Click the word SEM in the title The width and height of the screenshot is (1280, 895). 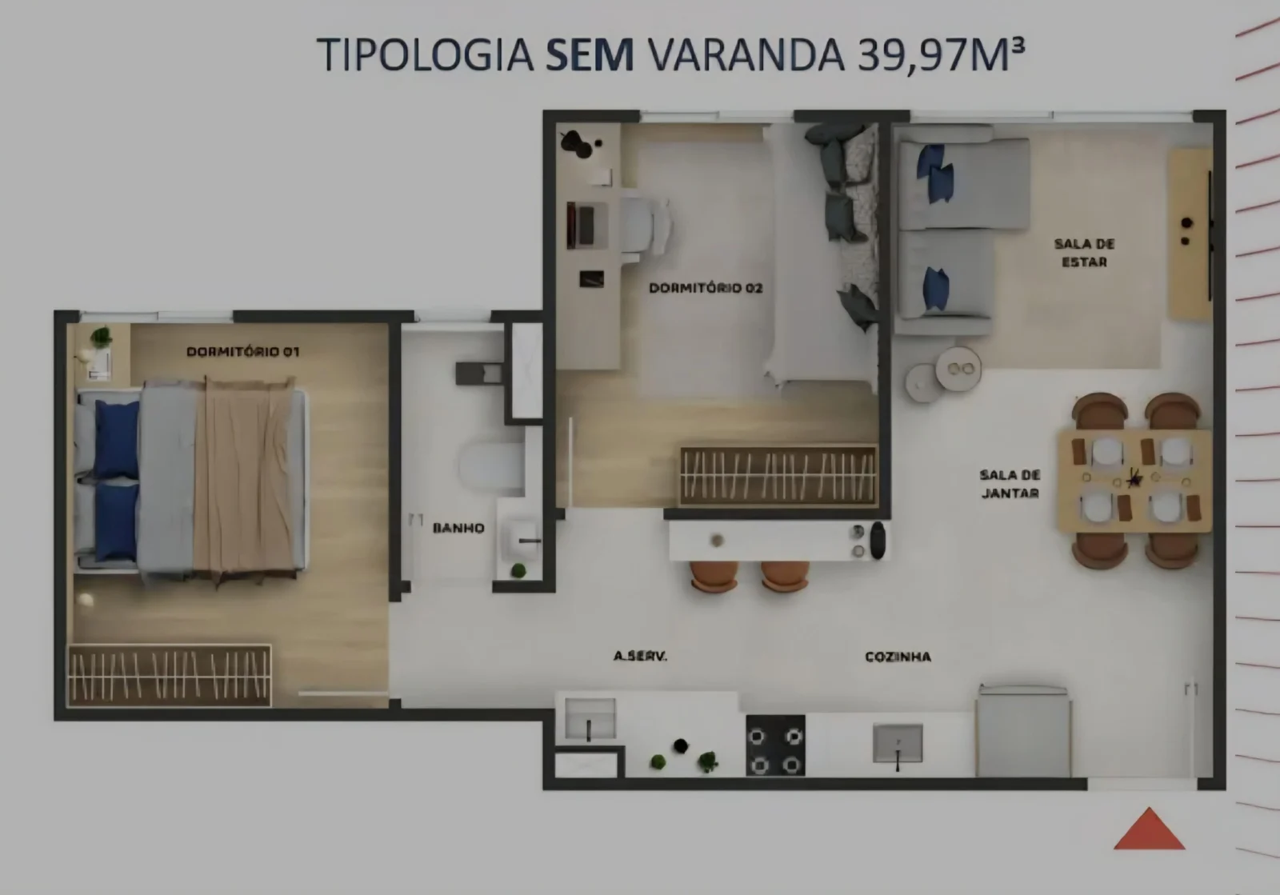(x=590, y=55)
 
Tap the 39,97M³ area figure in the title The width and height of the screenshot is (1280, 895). (x=941, y=55)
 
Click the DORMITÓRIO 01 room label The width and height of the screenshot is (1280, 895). (x=243, y=351)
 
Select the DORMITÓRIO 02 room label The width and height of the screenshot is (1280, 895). (x=706, y=288)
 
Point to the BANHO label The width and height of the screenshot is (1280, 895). (x=458, y=528)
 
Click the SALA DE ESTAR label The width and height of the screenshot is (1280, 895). (x=1085, y=253)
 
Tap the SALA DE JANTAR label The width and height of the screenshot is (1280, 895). (x=1010, y=484)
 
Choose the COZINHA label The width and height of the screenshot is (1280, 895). (x=898, y=657)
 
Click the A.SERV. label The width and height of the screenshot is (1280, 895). (x=640, y=657)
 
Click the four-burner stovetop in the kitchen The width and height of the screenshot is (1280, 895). (x=775, y=745)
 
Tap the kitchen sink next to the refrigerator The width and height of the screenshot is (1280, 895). (x=898, y=744)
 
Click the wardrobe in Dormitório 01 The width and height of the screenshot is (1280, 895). (x=169, y=676)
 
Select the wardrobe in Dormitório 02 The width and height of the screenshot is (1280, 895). (x=778, y=475)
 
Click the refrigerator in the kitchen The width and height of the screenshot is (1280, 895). (x=1023, y=731)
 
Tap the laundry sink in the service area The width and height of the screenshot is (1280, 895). (x=590, y=718)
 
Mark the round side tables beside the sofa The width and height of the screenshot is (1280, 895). (x=943, y=374)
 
